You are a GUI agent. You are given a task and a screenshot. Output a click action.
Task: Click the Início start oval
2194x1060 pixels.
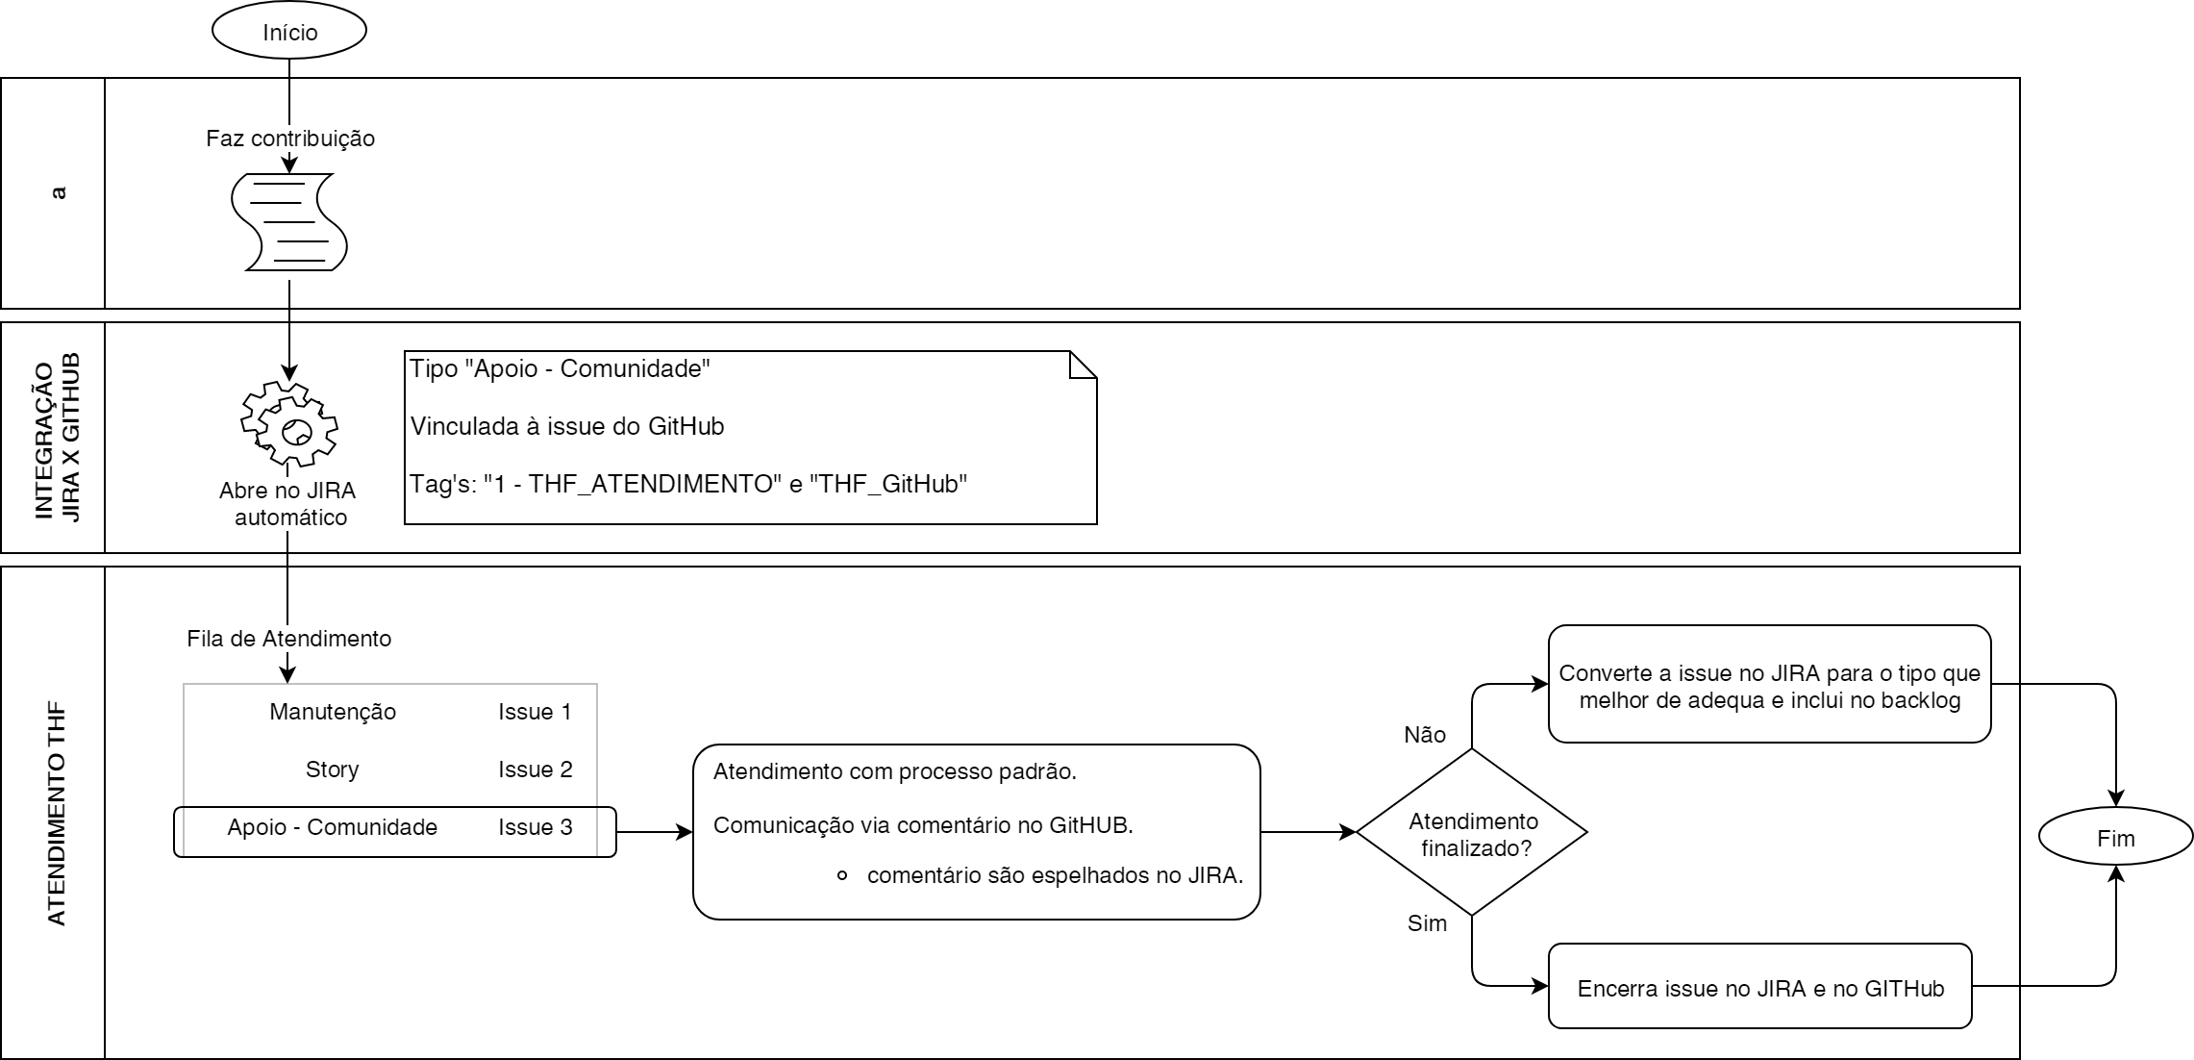pyautogui.click(x=289, y=32)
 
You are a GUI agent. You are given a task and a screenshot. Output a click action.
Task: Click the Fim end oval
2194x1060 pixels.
pyautogui.click(x=2115, y=838)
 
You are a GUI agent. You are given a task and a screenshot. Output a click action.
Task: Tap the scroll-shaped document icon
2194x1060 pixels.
pyautogui.click(x=289, y=222)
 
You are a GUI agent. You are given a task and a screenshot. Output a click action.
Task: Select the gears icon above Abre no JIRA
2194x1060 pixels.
pyautogui.click(x=289, y=423)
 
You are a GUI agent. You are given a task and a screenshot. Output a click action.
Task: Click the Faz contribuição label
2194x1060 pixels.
pyautogui.click(x=290, y=139)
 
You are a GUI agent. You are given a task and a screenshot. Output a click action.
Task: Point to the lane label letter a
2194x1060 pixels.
pyautogui.click(x=58, y=192)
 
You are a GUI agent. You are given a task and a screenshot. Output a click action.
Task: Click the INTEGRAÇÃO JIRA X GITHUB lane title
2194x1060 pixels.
pyautogui.click(x=58, y=438)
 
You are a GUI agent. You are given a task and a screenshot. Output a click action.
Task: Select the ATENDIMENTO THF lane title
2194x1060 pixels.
pyautogui.click(x=58, y=814)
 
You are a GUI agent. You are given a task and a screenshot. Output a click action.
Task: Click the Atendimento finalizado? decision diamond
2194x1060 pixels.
pyautogui.click(x=1472, y=833)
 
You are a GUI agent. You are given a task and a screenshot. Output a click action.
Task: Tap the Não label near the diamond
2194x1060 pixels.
pyautogui.click(x=1425, y=735)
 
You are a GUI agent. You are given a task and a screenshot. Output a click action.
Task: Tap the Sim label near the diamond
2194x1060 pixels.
pyautogui.click(x=1427, y=923)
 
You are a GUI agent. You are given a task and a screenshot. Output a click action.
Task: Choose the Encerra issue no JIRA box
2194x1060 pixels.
pyautogui.click(x=1759, y=987)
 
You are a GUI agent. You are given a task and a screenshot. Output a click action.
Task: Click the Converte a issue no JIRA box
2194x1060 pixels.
pyautogui.click(x=1769, y=685)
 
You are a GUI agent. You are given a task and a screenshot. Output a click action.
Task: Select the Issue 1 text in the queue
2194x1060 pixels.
pyautogui.click(x=535, y=712)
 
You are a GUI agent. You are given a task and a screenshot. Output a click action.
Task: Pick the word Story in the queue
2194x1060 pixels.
pyautogui.click(x=333, y=770)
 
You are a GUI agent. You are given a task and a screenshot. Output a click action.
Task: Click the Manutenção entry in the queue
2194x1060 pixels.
pyautogui.click(x=333, y=712)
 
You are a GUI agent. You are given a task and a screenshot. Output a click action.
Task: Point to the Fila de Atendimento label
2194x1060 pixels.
pyautogui.click(x=289, y=639)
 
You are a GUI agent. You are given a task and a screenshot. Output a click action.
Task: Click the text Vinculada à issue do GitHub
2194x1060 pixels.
pyautogui.click(x=567, y=426)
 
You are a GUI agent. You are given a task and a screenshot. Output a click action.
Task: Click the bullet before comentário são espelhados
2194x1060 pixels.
pyautogui.click(x=842, y=876)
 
